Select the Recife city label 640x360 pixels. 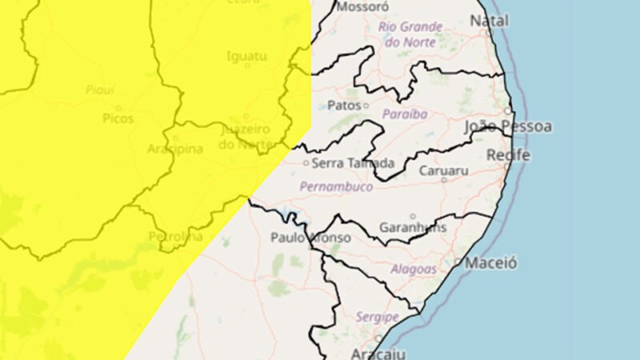(x=508, y=154)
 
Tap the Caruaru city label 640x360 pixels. (x=443, y=170)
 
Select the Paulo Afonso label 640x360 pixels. (x=310, y=238)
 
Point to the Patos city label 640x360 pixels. (x=344, y=105)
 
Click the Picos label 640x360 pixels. (x=118, y=118)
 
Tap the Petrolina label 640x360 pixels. (x=175, y=237)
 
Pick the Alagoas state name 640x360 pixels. (x=414, y=270)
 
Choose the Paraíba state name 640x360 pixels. (x=405, y=114)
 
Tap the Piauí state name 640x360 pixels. (x=101, y=90)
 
